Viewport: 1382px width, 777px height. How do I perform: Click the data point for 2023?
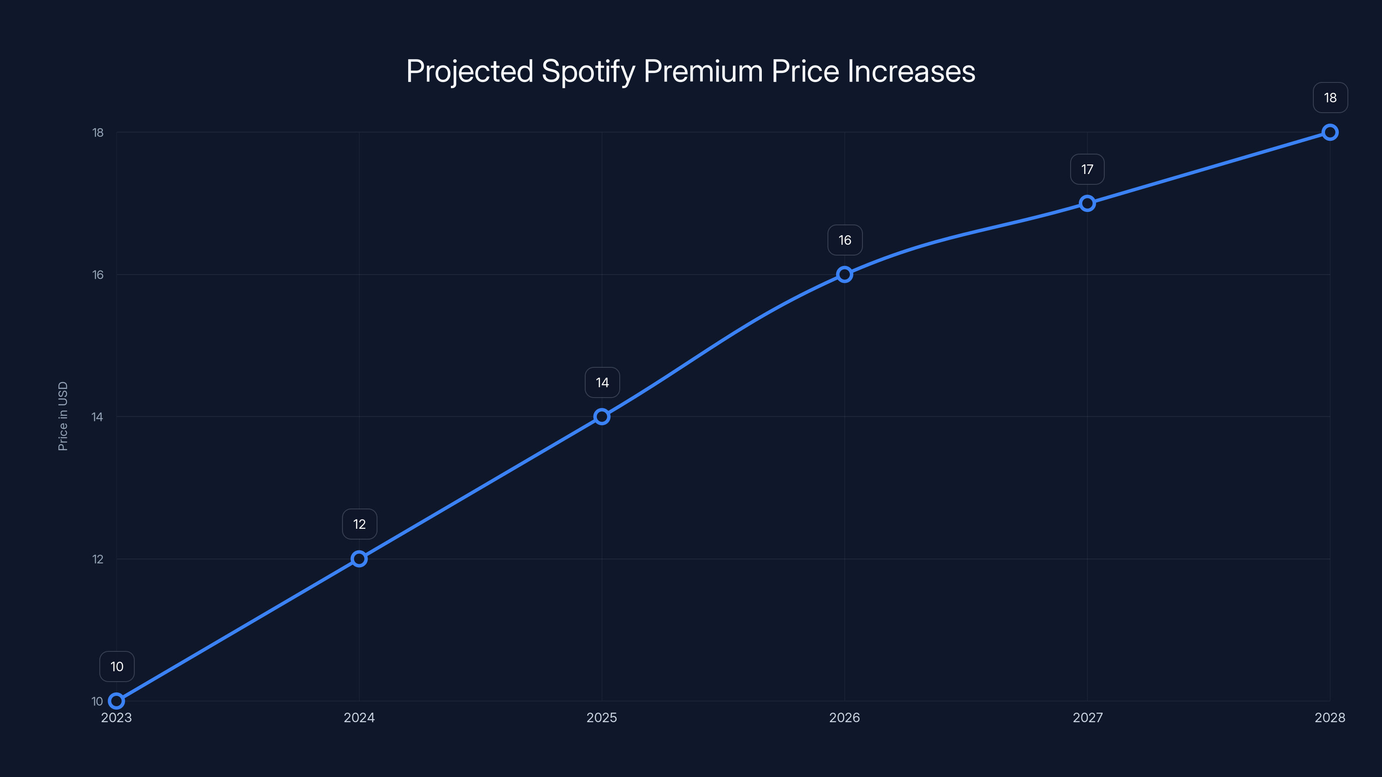(117, 701)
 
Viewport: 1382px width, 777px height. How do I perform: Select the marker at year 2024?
(359, 559)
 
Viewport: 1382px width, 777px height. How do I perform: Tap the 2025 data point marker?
(602, 417)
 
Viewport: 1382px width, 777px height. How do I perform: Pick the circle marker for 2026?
(844, 275)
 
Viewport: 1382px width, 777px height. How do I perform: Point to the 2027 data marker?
(1087, 203)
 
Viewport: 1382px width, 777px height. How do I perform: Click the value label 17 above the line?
(1087, 170)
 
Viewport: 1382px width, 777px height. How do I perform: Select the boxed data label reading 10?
(117, 666)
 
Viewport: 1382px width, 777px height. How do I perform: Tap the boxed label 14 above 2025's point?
(602, 382)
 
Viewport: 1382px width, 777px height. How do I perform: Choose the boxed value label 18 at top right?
(1330, 98)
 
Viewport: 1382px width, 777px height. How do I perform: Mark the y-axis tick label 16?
(98, 275)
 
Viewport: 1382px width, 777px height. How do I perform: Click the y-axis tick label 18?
(98, 133)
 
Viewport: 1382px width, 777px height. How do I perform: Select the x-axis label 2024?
(359, 717)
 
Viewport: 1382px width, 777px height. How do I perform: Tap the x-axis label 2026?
(844, 717)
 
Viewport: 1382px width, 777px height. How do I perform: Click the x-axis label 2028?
(1329, 717)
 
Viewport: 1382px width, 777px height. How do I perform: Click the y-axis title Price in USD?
(63, 416)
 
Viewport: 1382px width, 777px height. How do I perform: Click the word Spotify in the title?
(588, 72)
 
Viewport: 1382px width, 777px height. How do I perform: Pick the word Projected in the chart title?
(469, 72)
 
